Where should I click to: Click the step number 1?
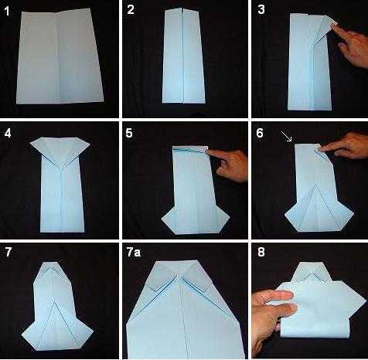click(x=7, y=12)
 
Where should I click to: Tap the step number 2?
click(x=131, y=10)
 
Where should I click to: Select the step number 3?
click(x=261, y=9)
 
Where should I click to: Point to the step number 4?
click(x=8, y=133)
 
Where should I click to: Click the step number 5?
click(x=129, y=133)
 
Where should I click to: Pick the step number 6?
click(x=260, y=133)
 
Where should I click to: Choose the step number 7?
click(x=9, y=252)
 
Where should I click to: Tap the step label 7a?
click(x=134, y=253)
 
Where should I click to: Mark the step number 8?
click(x=261, y=252)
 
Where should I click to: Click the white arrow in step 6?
click(x=287, y=137)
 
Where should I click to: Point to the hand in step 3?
click(x=351, y=44)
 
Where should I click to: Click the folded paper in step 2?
click(x=183, y=56)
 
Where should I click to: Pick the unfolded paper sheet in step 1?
click(x=60, y=56)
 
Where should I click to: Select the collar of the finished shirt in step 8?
click(x=312, y=273)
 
